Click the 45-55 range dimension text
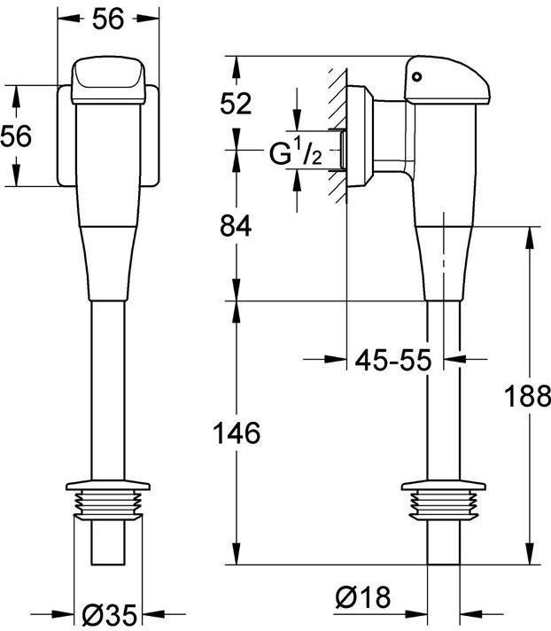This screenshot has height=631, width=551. click(392, 361)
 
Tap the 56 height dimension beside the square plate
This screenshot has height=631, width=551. click(17, 136)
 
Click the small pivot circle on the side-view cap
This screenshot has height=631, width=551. click(418, 77)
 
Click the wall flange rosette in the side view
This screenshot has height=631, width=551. click(358, 137)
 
